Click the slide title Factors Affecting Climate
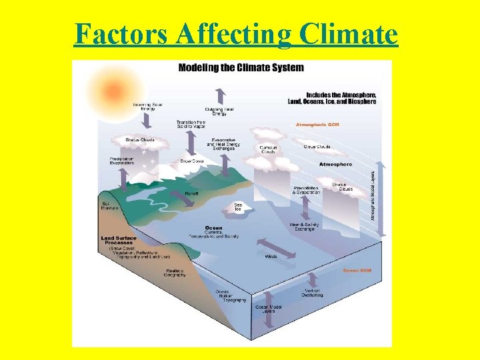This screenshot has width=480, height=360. pos(236,33)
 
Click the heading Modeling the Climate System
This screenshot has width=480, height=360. pos(241,67)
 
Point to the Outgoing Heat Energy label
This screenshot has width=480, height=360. pos(219,111)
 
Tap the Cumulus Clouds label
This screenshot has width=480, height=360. pos(269,149)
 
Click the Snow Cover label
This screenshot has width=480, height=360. pos(192,161)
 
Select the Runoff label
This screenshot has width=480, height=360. pos(191,193)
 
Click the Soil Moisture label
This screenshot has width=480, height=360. pos(109,206)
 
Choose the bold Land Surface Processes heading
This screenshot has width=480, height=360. pos(119,240)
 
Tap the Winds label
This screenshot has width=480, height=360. pos(271,256)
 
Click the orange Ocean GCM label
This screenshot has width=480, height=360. pos(357,271)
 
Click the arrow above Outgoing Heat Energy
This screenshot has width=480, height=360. pos(219,95)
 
